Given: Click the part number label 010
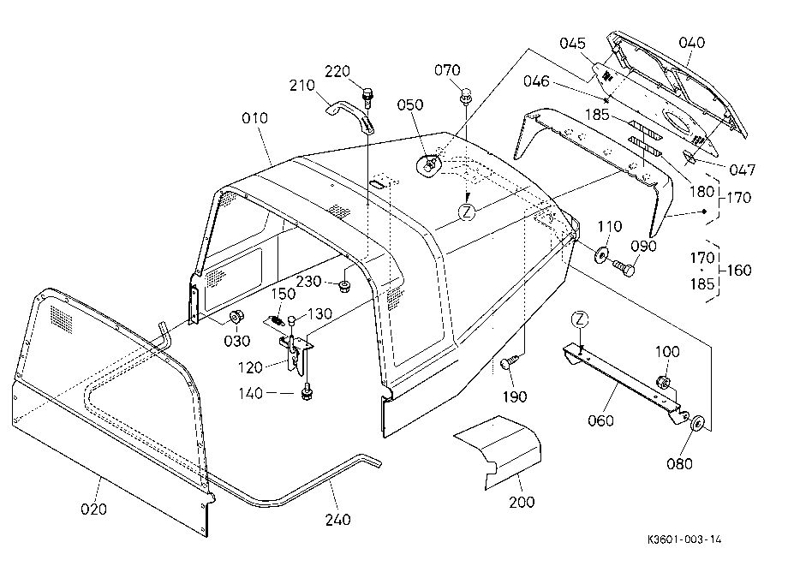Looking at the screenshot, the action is tap(254, 118).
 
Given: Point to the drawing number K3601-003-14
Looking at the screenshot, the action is tap(684, 539).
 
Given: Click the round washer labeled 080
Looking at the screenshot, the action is tap(696, 423).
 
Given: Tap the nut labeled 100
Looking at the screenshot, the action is tap(663, 382).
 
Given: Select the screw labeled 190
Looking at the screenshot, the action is tap(508, 362).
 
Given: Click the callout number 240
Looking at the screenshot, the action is tap(337, 519).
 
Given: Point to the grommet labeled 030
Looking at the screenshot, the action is tap(236, 319).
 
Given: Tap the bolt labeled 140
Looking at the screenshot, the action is tap(305, 391).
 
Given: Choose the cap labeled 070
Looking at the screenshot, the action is tap(466, 95).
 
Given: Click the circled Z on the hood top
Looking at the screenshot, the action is tap(467, 212).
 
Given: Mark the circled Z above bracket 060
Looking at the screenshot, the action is tap(580, 319).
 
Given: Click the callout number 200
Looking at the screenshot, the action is tap(522, 502).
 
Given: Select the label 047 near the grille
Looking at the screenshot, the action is tap(743, 170).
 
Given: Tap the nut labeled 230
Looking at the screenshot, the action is tap(344, 287).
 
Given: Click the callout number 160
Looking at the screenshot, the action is tap(738, 271).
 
